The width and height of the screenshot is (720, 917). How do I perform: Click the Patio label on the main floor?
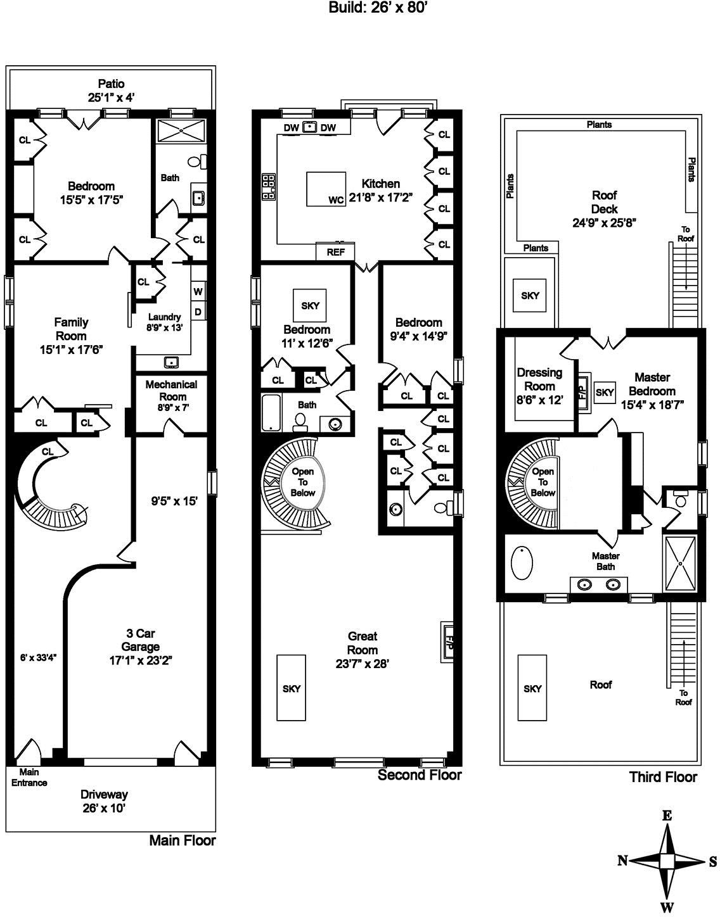click(x=111, y=90)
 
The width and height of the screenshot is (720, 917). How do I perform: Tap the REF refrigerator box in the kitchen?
click(x=335, y=251)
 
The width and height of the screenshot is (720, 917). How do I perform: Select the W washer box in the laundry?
click(x=198, y=292)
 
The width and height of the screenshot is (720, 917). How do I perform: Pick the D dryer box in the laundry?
click(x=198, y=312)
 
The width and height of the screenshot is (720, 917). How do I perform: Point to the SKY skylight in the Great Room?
click(x=292, y=688)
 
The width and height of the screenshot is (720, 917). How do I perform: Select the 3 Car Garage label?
click(x=140, y=647)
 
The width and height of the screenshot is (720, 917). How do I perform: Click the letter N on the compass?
click(x=623, y=860)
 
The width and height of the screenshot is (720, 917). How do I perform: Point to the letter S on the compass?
click(x=712, y=861)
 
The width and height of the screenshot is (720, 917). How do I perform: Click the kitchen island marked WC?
click(x=326, y=189)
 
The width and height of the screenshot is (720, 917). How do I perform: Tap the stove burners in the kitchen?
click(x=269, y=187)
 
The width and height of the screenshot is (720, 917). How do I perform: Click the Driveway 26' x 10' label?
click(x=104, y=801)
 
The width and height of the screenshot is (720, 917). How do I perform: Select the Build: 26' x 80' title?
click(x=380, y=8)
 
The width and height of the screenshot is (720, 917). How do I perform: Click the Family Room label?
click(x=71, y=336)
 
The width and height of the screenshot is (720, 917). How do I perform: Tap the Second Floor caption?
click(x=420, y=775)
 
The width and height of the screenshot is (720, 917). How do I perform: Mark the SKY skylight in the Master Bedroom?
click(x=605, y=393)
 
